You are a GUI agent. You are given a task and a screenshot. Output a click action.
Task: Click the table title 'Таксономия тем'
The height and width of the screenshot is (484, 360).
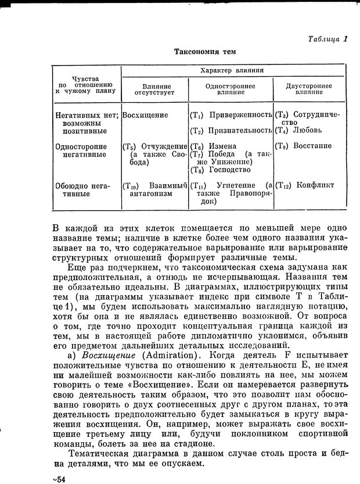pos(205,52)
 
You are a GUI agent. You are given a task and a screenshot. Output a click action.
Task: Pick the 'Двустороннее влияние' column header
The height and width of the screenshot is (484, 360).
pos(309,88)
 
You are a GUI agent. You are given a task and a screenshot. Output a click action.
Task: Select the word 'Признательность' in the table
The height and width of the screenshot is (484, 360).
pos(241,130)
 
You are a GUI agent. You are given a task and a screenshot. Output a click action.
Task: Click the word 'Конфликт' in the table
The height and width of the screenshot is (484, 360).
pos(315,185)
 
